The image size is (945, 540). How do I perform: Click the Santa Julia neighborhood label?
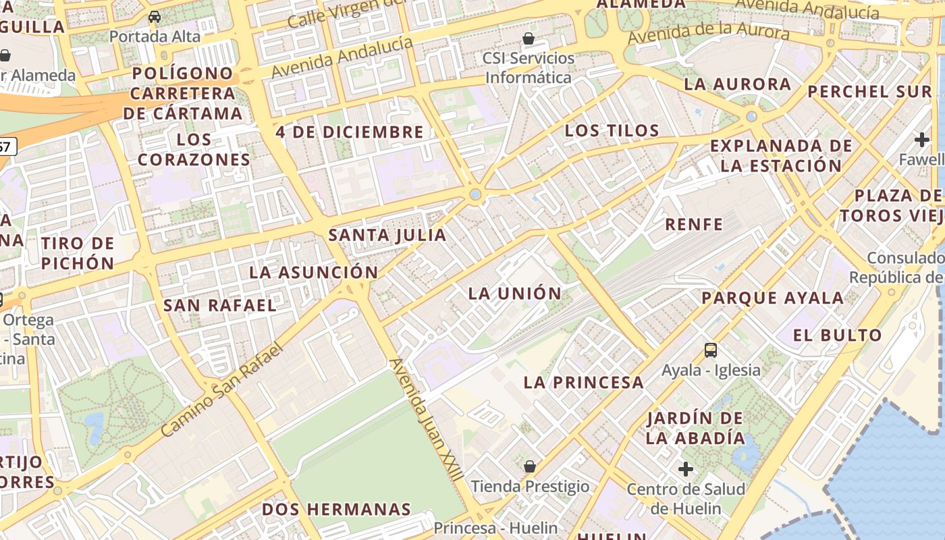(x=387, y=235)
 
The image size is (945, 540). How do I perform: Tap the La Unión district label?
(x=515, y=293)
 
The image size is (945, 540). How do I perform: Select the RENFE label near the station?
(x=694, y=224)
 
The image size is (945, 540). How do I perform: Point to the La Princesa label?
(x=583, y=382)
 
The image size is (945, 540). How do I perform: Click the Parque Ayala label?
(x=772, y=298)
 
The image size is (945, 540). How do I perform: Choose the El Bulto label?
(x=837, y=335)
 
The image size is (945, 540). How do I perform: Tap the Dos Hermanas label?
(x=336, y=509)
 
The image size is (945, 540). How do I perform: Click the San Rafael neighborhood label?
(x=220, y=305)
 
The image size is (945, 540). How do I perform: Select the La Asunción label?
(x=313, y=273)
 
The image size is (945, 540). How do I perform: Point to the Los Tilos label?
(x=612, y=131)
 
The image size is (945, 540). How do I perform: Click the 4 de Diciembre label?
(x=350, y=132)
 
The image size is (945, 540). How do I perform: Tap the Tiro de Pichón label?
(x=78, y=253)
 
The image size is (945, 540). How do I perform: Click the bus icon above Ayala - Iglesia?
(x=710, y=350)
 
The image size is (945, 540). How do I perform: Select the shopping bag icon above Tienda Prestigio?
(x=530, y=466)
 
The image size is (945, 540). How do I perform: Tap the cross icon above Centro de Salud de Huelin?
(x=686, y=468)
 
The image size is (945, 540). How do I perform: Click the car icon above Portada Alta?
(x=155, y=17)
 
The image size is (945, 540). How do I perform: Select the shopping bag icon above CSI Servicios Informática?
(x=529, y=38)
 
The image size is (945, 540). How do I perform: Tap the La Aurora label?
(x=737, y=84)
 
